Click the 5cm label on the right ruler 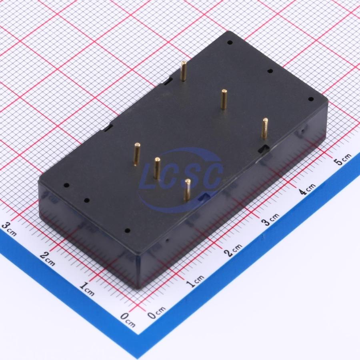coord(343,159)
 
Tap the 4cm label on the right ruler coord(308,189)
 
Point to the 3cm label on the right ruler coord(271,219)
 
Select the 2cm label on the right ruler coord(234,250)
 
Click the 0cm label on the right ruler coord(156,312)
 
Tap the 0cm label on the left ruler coord(128,320)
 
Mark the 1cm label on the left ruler coord(87,289)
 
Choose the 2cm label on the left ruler coord(47,259)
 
